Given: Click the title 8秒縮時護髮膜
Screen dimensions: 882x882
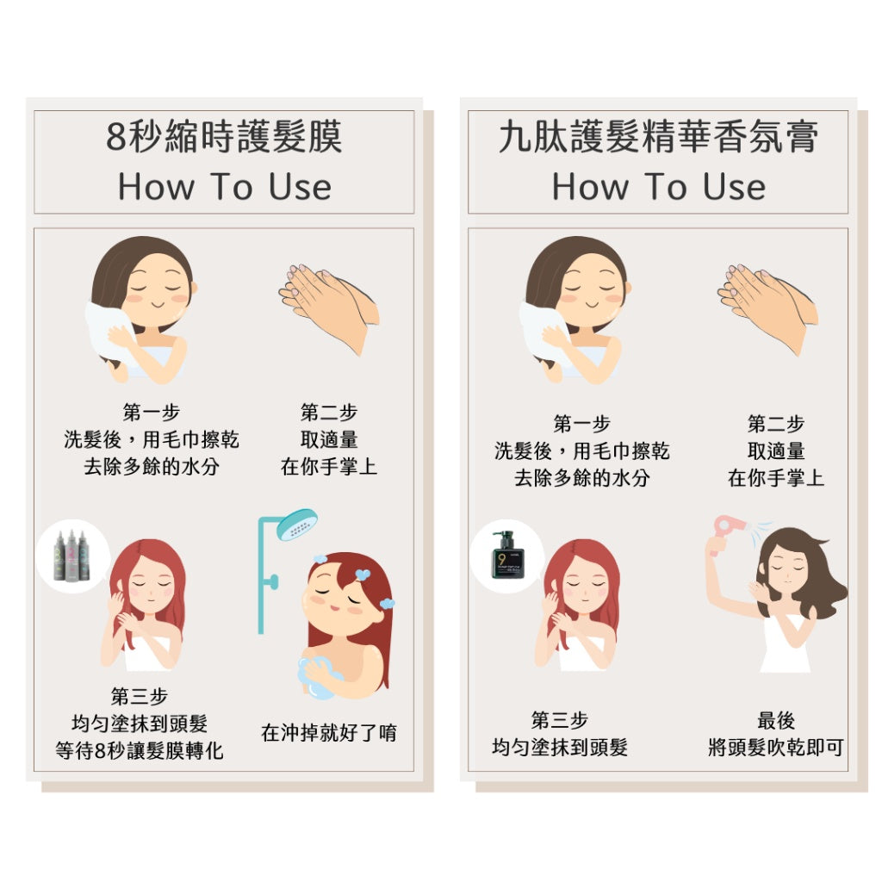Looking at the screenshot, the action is [x=224, y=137].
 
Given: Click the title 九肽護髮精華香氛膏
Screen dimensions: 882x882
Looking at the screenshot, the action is [x=658, y=137].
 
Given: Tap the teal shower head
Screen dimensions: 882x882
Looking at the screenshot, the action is [x=297, y=525].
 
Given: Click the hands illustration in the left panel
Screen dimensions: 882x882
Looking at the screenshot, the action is [x=330, y=307].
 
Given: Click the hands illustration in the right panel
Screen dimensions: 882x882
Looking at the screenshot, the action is [x=768, y=307].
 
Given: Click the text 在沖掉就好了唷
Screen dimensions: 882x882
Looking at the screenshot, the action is [x=329, y=732].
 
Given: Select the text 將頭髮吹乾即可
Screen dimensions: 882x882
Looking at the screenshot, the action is [x=776, y=747].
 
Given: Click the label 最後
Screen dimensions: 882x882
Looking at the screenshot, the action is [x=776, y=720].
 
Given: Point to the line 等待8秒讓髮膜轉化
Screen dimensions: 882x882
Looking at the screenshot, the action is [x=140, y=750].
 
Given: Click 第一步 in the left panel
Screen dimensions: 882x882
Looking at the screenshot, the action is [x=152, y=413].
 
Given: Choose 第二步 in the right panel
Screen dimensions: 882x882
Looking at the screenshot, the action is [x=776, y=424].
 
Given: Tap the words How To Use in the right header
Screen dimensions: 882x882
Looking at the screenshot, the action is [x=658, y=187].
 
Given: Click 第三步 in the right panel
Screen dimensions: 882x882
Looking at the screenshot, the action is [x=560, y=720].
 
